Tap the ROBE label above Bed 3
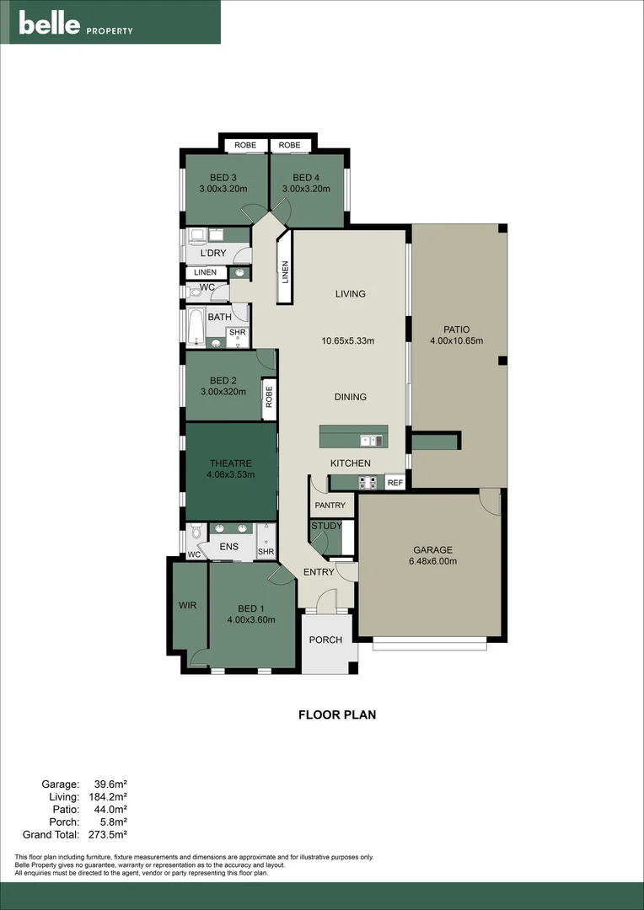point(245,145)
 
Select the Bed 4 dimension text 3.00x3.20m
point(307,190)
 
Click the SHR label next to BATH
point(237,333)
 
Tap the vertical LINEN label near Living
point(285,271)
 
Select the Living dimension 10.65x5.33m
point(347,341)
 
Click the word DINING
point(350,397)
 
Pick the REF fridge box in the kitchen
point(394,483)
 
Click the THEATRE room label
point(230,463)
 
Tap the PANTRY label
point(330,506)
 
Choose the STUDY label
point(326,526)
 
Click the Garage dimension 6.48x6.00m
point(432,561)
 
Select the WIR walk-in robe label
point(187,606)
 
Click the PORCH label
point(325,640)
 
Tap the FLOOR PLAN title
point(337,715)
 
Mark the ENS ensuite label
point(228,547)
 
